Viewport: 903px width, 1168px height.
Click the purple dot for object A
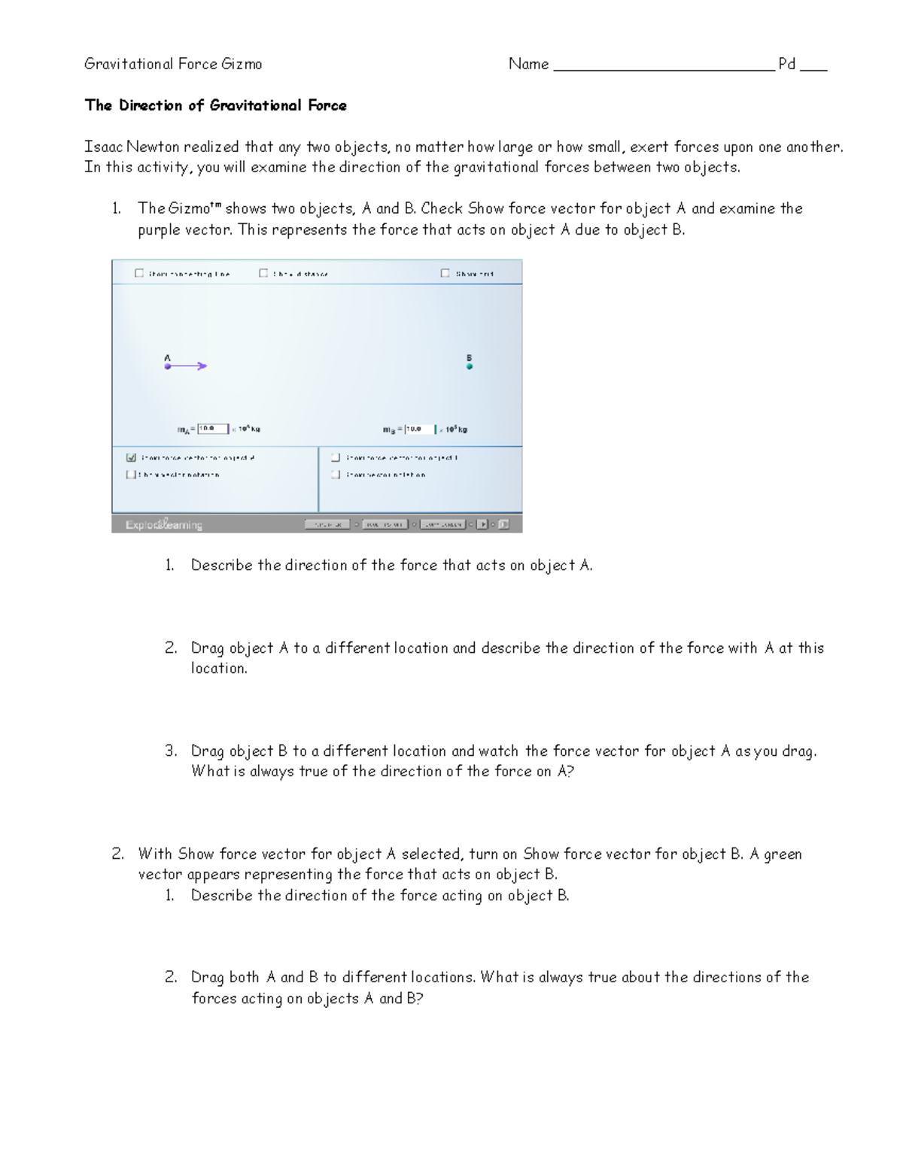pos(168,366)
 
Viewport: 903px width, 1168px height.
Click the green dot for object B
pos(470,366)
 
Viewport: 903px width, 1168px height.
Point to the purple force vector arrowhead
pos(202,366)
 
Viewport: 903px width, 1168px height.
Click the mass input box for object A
pos(213,429)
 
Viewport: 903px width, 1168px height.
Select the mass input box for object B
pos(420,429)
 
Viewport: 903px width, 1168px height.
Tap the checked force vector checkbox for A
pos(132,457)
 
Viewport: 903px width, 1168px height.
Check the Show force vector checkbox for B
pos(336,457)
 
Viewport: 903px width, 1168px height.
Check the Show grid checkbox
pos(445,274)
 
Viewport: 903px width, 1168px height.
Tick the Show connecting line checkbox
pos(139,274)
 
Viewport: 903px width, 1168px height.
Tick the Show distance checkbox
pos(263,274)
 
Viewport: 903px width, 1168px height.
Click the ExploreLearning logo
pos(164,525)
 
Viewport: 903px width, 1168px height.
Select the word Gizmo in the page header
pos(242,65)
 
